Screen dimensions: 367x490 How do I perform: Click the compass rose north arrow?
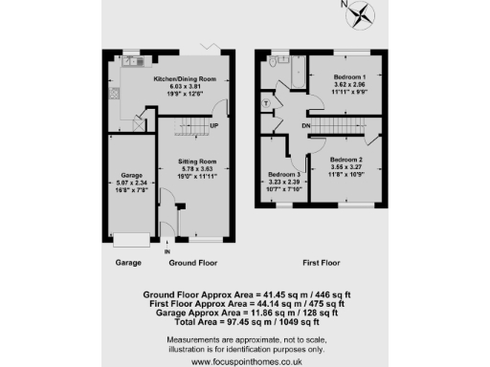[361, 13]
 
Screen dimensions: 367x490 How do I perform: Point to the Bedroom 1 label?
[349, 74]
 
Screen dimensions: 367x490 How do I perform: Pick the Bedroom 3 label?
[284, 175]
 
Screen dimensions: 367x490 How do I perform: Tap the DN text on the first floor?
[305, 125]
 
